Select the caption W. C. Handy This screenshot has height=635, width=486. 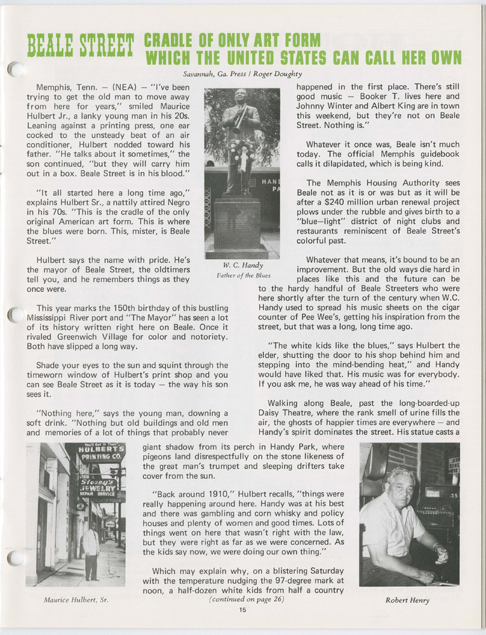(242, 265)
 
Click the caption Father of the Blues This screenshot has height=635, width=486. (242, 275)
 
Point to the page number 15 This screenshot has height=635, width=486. (243, 610)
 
